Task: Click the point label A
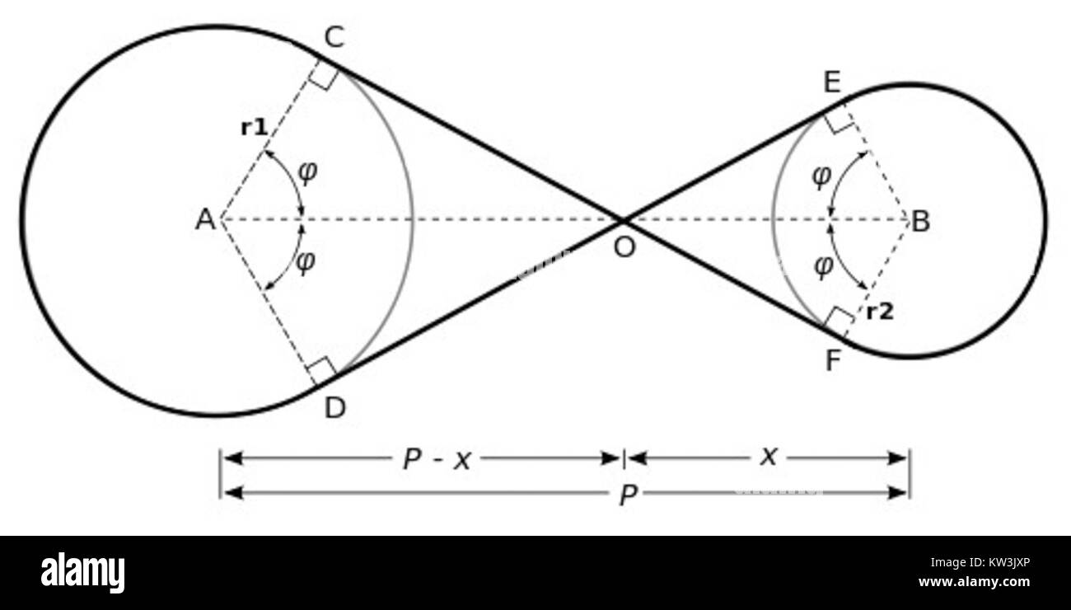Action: [x=204, y=220]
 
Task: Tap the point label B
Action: [x=921, y=221]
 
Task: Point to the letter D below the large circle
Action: [x=334, y=408]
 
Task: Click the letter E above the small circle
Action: [x=832, y=83]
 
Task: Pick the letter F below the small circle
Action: [x=833, y=361]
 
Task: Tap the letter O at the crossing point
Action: [x=624, y=247]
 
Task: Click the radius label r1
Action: [x=254, y=128]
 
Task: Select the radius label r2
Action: [x=880, y=312]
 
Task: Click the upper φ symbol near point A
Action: [x=306, y=172]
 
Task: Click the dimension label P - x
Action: [x=436, y=459]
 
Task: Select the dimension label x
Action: [x=768, y=456]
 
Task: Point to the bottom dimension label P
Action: [x=628, y=495]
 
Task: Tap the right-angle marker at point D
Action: [x=322, y=370]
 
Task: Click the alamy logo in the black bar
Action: [x=82, y=573]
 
